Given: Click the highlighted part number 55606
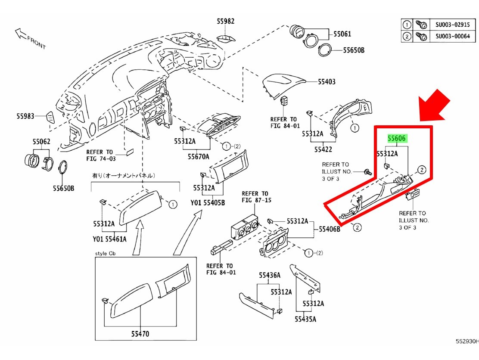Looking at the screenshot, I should (396, 139).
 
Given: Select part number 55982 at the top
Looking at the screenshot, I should (226, 22).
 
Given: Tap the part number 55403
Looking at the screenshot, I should (327, 81).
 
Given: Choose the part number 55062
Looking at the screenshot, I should (41, 141).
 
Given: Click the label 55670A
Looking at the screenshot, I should (198, 157).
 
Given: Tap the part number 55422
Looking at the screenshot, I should (323, 149).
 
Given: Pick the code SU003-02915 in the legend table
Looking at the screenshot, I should (452, 24).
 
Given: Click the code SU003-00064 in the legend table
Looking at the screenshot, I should (452, 37).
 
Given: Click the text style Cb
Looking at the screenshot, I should (106, 253).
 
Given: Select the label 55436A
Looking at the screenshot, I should (270, 275).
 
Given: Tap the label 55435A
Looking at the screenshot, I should (305, 319).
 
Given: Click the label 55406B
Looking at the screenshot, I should (330, 229).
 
